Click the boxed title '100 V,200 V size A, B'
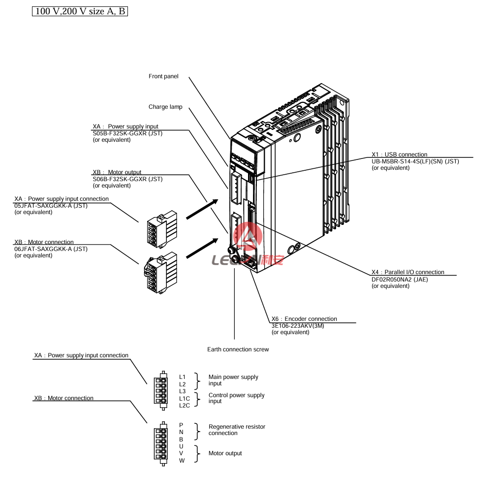(80, 11)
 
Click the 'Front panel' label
(163, 76)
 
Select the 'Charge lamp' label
(165, 107)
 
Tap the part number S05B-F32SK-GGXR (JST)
(127, 133)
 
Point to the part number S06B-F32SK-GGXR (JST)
(127, 179)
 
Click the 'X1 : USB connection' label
(399, 155)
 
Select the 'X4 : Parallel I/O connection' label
(407, 272)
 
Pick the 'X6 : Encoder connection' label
(304, 319)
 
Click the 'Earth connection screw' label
(238, 349)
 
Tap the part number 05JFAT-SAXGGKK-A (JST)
(51, 206)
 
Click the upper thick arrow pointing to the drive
(201, 209)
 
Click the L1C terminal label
(184, 398)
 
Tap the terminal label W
(182, 461)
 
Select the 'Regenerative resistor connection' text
(237, 430)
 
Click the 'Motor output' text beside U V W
(225, 453)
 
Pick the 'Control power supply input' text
(236, 398)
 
